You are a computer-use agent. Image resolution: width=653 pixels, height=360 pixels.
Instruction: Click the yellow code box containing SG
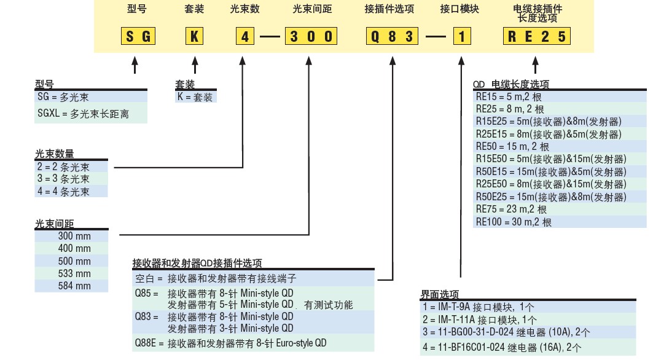137,36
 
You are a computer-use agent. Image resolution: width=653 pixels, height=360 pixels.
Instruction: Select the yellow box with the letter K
194,36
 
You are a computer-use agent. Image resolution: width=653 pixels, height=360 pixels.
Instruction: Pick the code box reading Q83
391,36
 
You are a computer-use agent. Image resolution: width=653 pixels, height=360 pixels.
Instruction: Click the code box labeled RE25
536,36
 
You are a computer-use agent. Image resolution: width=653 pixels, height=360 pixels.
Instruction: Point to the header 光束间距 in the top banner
311,10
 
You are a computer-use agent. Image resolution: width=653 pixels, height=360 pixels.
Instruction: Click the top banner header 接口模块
459,10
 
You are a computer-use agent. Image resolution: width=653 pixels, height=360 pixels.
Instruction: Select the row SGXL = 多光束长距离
83,114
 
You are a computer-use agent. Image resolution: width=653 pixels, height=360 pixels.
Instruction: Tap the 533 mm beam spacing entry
74,273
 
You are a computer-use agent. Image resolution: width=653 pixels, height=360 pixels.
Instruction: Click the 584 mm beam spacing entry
74,286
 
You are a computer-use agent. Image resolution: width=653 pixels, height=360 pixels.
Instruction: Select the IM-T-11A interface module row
479,319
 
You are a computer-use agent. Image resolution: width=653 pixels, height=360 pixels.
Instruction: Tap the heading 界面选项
439,294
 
